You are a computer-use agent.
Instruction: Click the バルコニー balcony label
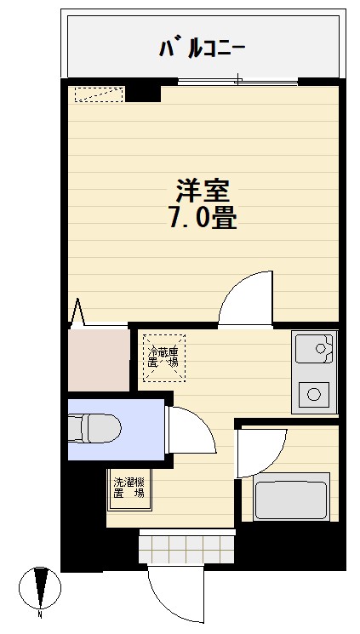coord(203,49)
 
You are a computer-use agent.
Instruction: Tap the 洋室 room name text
coord(203,191)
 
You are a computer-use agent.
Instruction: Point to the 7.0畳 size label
coord(203,219)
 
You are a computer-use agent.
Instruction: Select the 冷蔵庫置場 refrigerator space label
coord(163,357)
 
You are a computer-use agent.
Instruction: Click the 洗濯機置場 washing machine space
coord(129,488)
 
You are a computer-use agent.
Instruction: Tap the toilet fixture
coord(94,428)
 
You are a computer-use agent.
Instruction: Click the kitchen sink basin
coord(315,348)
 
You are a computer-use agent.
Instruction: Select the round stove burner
coord(314,394)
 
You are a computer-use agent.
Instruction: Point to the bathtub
coord(289,496)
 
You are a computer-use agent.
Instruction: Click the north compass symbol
coord(41,587)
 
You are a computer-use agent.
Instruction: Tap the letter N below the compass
coord(40,614)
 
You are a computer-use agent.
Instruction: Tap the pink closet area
coord(98,360)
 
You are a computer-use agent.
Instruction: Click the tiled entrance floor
coord(187,549)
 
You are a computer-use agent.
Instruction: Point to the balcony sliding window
coord(237,81)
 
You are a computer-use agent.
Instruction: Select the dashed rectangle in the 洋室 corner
coord(99,94)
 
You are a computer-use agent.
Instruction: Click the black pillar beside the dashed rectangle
coord(143,93)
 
